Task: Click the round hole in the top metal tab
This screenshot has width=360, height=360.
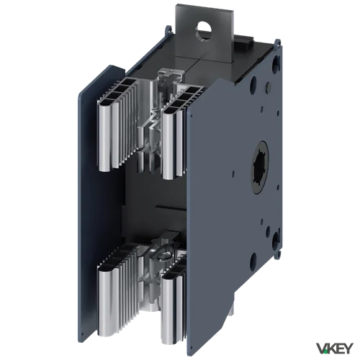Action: coord(204,31)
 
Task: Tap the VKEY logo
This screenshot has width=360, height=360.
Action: coord(335,348)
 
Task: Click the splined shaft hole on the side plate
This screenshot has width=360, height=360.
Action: coord(260,166)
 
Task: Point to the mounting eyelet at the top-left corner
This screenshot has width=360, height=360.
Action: coord(168,29)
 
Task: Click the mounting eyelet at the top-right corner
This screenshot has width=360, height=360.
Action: coord(278,43)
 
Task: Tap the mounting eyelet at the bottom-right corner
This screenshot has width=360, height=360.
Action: coord(279,252)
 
